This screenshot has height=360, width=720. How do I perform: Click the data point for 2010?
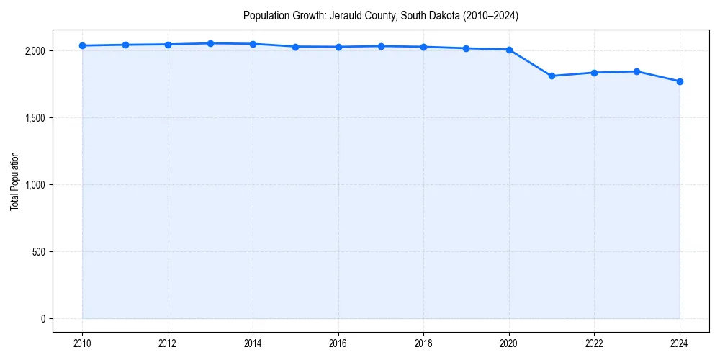(82, 45)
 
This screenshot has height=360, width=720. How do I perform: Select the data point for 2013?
(210, 43)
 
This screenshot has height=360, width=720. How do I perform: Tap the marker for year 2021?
(552, 76)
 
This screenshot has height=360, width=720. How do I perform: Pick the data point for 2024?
(680, 81)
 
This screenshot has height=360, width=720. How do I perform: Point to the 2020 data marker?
(509, 50)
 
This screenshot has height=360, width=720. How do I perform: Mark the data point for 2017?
(381, 46)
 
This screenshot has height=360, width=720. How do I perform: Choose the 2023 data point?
(636, 71)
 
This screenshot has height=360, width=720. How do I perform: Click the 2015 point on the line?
(295, 47)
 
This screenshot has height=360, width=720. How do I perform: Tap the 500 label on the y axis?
(38, 252)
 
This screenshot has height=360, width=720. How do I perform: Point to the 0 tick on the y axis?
(42, 319)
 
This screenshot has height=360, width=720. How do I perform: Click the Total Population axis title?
(14, 181)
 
